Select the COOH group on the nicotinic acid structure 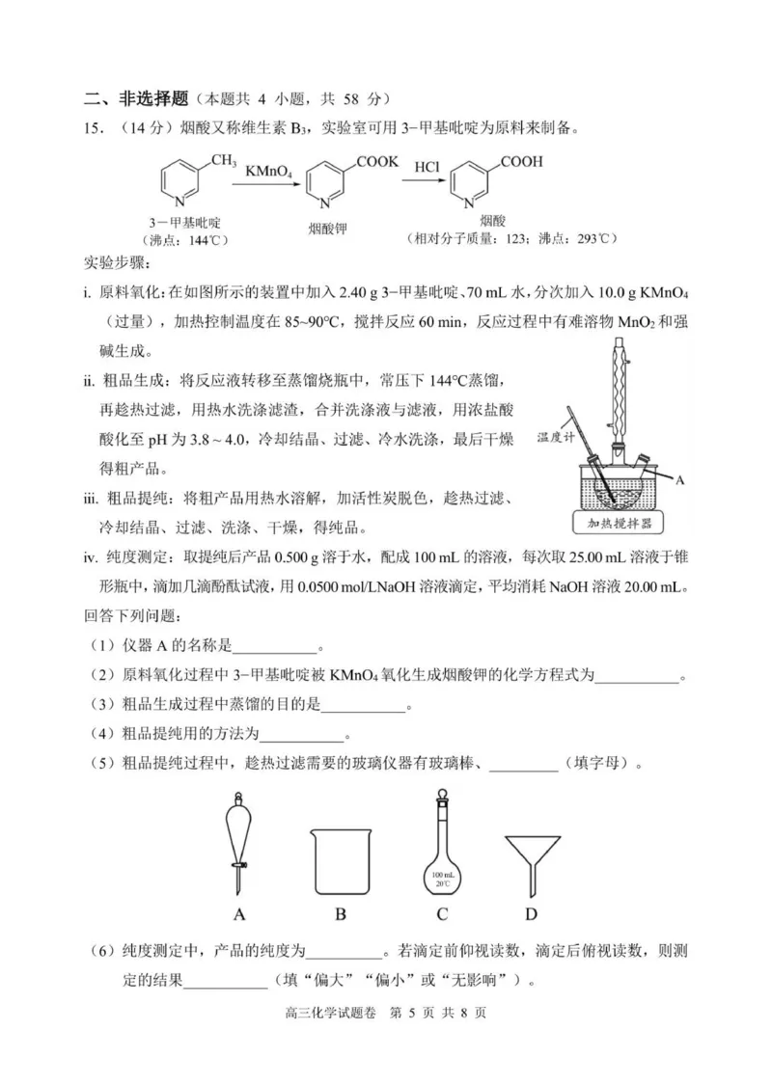(x=521, y=161)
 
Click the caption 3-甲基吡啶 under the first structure (x=181, y=223)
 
